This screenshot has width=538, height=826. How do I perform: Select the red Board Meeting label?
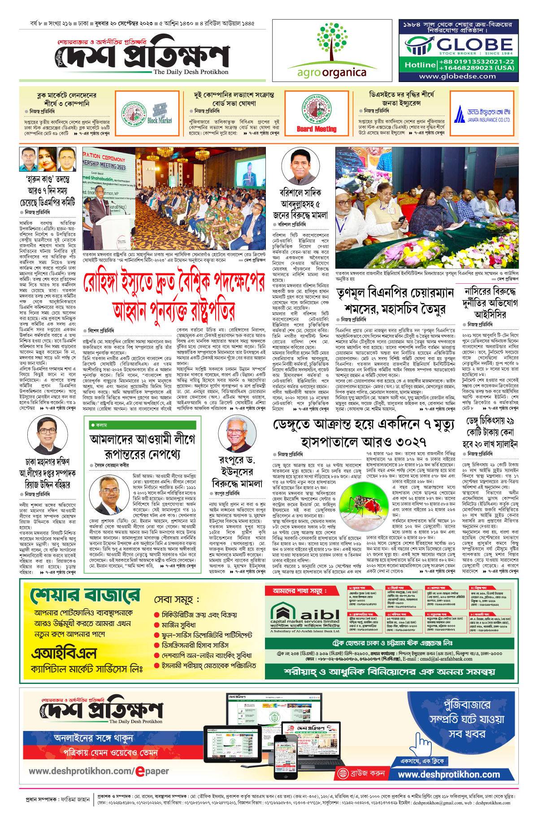pyautogui.click(x=317, y=129)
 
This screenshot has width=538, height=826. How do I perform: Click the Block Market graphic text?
pyautogui.click(x=160, y=121)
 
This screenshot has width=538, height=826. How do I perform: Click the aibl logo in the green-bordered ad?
pyautogui.click(x=305, y=614)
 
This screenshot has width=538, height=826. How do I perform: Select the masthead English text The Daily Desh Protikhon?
pyautogui.click(x=191, y=72)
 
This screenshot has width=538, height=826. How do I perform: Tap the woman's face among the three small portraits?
pyautogui.click(x=48, y=159)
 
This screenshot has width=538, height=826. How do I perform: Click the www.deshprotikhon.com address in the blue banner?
pyautogui.click(x=449, y=774)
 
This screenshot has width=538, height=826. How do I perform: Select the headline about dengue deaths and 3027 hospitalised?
pyautogui.click(x=364, y=433)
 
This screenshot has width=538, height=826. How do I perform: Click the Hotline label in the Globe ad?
pyautogui.click(x=420, y=65)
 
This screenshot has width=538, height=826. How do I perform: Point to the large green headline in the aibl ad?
pyautogui.click(x=85, y=596)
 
